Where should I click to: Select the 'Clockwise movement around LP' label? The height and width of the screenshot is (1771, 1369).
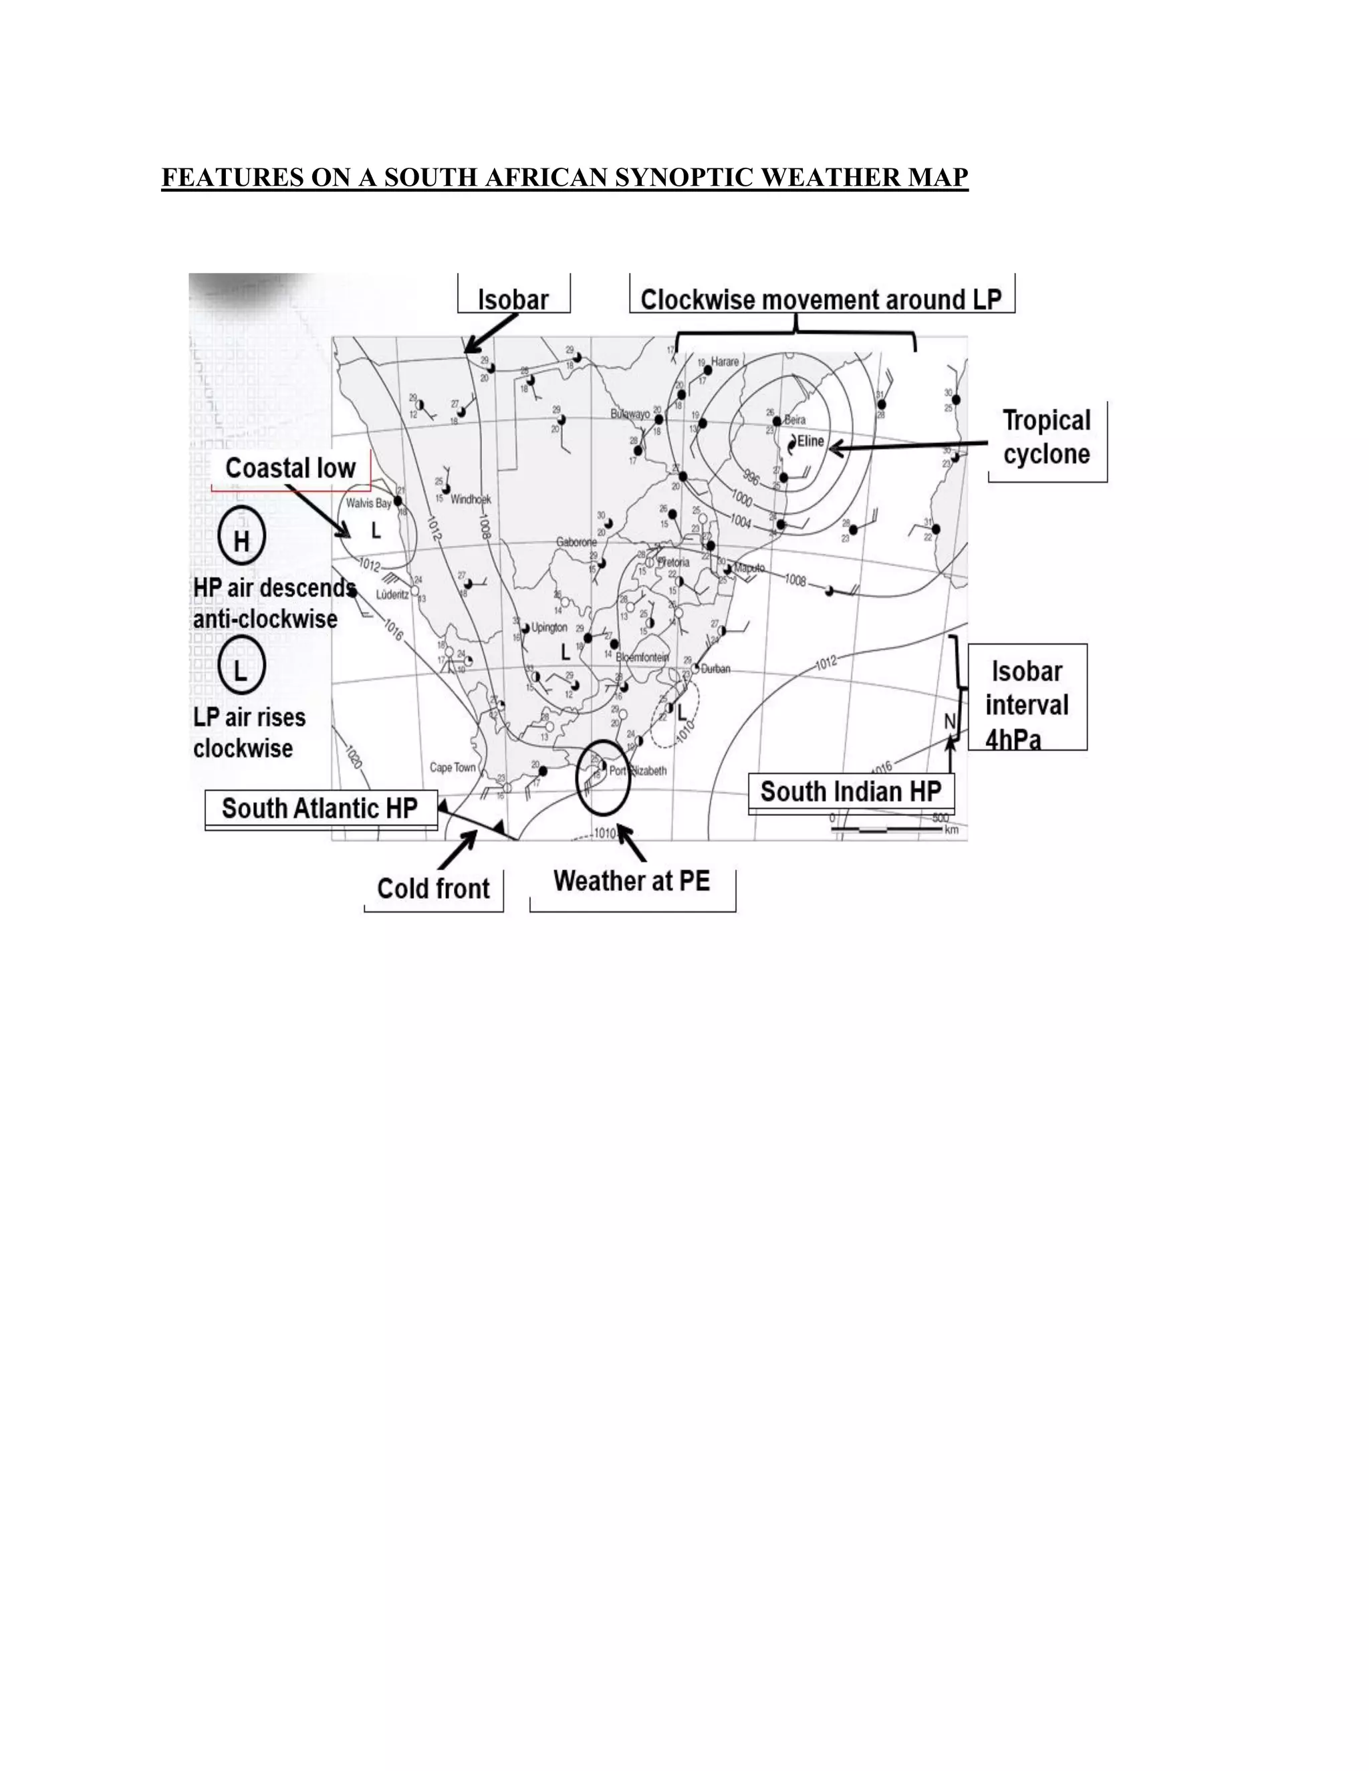(821, 299)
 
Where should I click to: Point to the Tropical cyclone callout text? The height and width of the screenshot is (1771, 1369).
(1046, 437)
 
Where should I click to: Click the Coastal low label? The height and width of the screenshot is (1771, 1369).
(290, 468)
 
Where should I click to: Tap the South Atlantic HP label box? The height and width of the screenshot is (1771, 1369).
(320, 809)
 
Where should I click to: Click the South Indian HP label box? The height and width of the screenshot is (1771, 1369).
(850, 791)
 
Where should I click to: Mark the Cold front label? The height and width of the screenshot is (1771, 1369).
(433, 889)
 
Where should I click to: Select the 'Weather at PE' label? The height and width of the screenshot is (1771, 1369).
(632, 881)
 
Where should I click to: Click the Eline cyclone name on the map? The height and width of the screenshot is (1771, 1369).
(810, 441)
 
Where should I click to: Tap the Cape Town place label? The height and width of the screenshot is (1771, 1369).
(453, 767)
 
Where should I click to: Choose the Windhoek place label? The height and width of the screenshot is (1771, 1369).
(471, 499)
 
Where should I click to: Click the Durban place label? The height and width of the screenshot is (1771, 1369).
(715, 669)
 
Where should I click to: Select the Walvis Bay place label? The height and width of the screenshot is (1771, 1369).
(368, 503)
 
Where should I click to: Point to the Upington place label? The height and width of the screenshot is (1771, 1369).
(549, 628)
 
